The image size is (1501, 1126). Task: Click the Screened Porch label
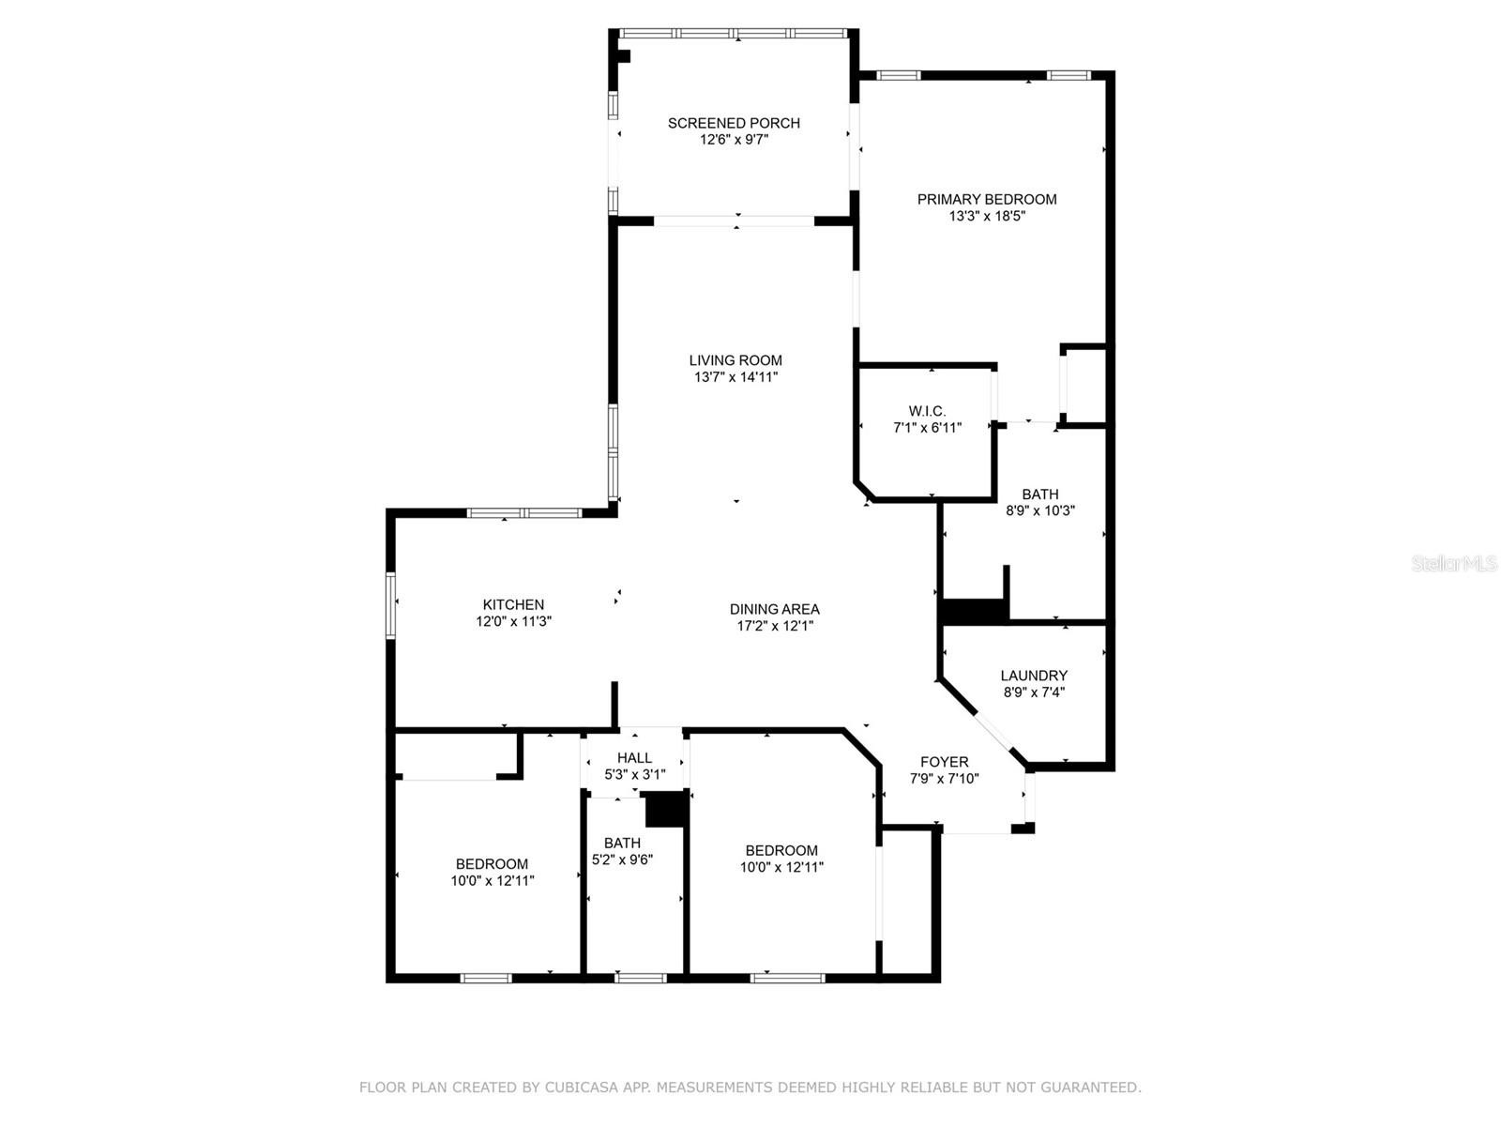click(734, 123)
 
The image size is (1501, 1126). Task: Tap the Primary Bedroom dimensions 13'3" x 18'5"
click(987, 217)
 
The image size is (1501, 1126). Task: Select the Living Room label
click(735, 360)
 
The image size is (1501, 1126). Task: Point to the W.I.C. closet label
click(927, 412)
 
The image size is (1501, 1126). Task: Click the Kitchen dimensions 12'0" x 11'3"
click(513, 621)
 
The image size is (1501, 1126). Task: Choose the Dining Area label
click(774, 609)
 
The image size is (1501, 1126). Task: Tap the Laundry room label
click(1034, 676)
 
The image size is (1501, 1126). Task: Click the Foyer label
click(945, 762)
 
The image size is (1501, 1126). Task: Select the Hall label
click(634, 757)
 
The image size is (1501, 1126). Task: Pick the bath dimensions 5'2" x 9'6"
click(622, 860)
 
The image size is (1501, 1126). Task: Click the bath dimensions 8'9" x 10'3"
click(1040, 510)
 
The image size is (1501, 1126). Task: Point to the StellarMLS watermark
click(1454, 563)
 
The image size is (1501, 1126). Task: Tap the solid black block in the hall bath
click(665, 810)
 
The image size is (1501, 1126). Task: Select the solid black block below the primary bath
click(974, 611)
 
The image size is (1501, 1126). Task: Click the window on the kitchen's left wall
click(391, 606)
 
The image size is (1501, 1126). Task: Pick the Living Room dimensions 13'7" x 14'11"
click(735, 376)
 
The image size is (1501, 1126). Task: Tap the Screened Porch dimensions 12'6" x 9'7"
click(734, 140)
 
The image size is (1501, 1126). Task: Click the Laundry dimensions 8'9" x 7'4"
click(1034, 692)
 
